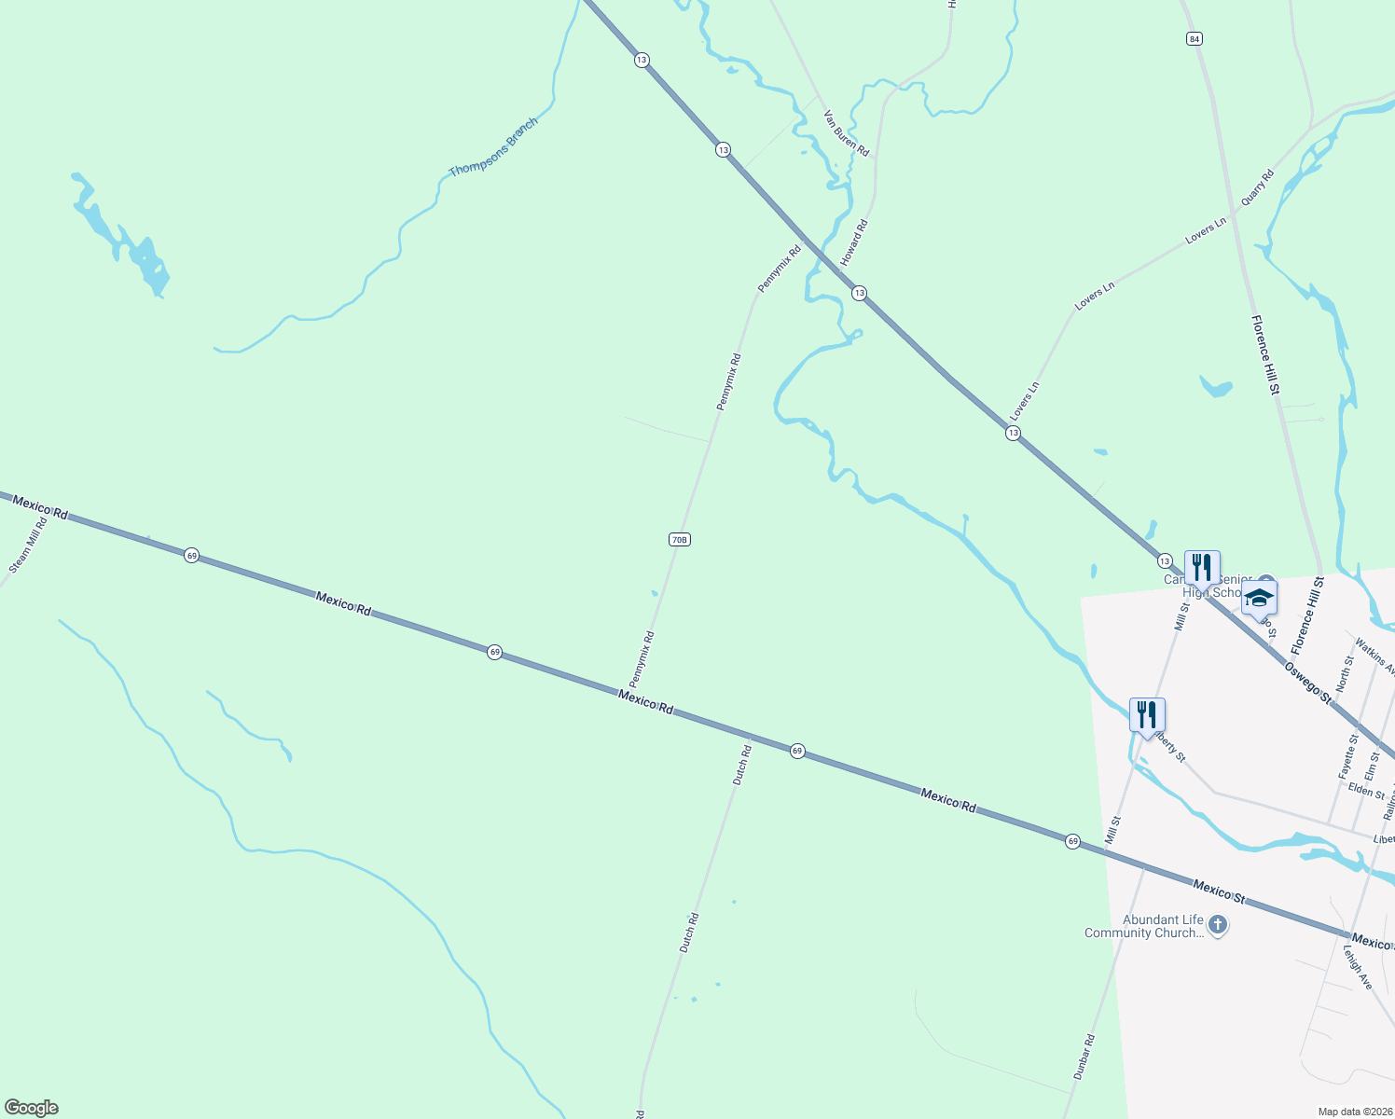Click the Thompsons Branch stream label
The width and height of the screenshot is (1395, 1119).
coord(493,147)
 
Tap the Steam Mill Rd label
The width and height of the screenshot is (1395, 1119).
coord(28,545)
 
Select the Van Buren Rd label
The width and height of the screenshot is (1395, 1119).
coord(846,133)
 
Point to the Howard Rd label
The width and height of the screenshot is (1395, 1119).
coord(854,242)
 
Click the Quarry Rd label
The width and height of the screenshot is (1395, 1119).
coord(1256,188)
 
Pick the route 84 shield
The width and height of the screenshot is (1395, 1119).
coord(1195,38)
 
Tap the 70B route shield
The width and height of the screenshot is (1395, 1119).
coord(679,539)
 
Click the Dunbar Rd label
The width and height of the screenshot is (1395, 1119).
coord(1084,1057)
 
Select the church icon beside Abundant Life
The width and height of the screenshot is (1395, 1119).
coord(1217,925)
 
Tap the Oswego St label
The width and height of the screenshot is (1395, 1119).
coord(1308,683)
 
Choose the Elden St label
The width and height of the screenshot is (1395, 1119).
coord(1366,791)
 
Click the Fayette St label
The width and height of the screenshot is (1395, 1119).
coord(1347,756)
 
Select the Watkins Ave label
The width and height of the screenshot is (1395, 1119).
coord(1374,656)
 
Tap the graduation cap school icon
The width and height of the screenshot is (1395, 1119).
coord(1259,598)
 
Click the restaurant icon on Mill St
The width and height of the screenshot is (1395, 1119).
coord(1147,715)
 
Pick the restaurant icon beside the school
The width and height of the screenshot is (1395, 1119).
coord(1202,567)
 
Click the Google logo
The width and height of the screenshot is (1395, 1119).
coord(31,1108)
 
